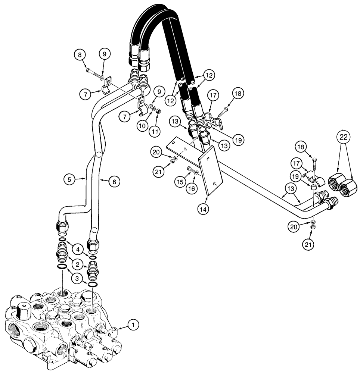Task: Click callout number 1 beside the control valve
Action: [x=133, y=325]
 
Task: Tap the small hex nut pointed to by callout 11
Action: [x=158, y=110]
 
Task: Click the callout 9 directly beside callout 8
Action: [x=104, y=54]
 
